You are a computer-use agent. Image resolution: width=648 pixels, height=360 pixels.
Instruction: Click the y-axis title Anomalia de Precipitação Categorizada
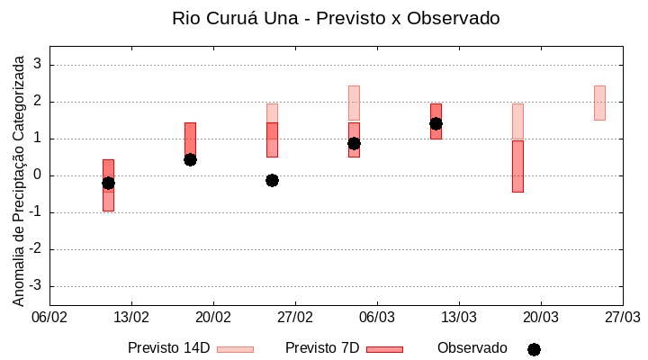[18, 176]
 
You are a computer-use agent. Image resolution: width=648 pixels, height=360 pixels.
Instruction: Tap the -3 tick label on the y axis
[36, 286]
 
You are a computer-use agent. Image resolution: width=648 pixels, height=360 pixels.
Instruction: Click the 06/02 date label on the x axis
[50, 318]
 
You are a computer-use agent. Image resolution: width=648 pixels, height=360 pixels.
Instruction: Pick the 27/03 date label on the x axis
[622, 318]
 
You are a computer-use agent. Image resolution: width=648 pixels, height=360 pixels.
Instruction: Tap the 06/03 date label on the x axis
[377, 318]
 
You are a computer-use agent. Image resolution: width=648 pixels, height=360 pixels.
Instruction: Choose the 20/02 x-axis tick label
[213, 318]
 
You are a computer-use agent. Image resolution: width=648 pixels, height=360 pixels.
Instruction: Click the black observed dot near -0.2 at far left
[108, 183]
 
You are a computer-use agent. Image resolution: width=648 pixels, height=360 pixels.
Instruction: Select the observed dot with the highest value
[436, 123]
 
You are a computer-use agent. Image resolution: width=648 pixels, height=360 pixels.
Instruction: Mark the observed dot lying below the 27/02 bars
[272, 180]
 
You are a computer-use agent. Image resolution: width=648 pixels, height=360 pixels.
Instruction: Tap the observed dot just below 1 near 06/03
[354, 143]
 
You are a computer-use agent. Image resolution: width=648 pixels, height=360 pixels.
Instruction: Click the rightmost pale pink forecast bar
[599, 103]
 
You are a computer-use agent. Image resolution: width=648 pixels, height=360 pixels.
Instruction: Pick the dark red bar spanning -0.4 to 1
[517, 166]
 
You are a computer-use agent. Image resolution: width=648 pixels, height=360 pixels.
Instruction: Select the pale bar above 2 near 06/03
[354, 103]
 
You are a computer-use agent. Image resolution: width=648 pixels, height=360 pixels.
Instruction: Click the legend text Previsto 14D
[168, 348]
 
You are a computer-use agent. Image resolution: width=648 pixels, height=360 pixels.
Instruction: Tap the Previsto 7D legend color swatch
[384, 349]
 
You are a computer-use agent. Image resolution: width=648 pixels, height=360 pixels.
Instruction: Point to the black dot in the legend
[534, 349]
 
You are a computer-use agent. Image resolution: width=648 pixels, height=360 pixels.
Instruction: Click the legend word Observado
[472, 348]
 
